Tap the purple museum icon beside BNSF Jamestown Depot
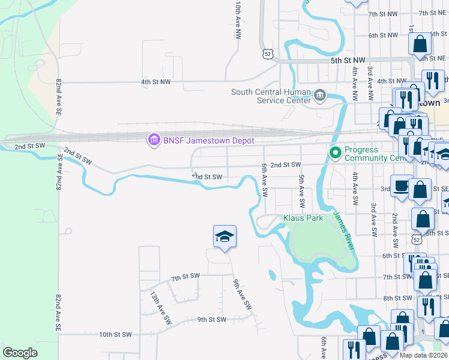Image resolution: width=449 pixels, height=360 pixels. (x=154, y=140)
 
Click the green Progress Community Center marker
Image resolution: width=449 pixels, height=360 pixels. (x=335, y=154)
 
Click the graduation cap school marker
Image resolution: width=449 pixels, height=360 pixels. (x=224, y=237)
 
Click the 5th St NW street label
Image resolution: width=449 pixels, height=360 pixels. (x=348, y=61)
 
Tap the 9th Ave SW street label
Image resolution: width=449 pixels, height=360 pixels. (x=242, y=295)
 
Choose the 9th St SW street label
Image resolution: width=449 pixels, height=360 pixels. (x=211, y=320)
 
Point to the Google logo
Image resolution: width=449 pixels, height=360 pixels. (x=20, y=353)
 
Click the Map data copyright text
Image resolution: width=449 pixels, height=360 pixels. (x=424, y=355)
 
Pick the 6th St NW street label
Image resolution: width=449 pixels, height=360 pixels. (x=383, y=35)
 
